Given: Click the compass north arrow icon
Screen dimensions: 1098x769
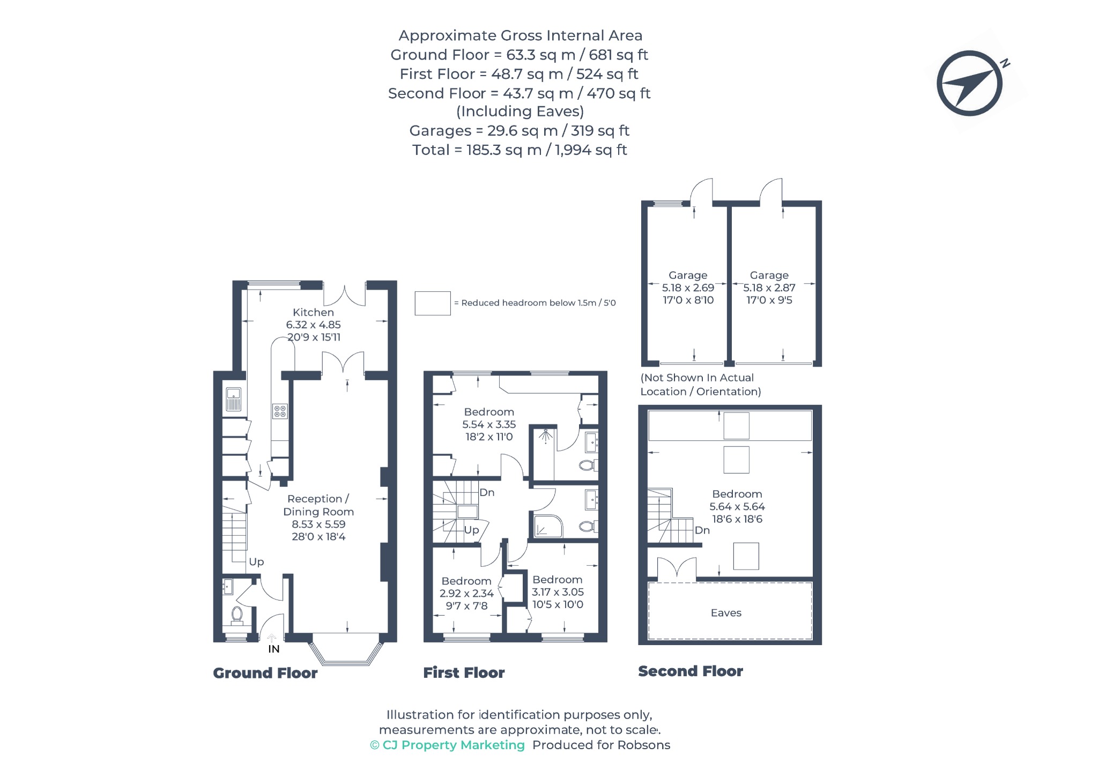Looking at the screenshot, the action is [969, 84].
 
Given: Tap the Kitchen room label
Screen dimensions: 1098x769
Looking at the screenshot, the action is [313, 312].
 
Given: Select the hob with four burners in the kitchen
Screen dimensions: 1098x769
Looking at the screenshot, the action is [280, 411].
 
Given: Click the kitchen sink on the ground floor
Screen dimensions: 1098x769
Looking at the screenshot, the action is [233, 400].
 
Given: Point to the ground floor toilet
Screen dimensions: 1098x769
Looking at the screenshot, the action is [237, 616].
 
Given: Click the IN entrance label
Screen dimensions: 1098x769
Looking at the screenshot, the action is [274, 649].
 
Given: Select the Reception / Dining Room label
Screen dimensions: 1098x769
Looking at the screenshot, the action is [318, 505].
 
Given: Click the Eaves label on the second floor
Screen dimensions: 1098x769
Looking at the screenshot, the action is [726, 613].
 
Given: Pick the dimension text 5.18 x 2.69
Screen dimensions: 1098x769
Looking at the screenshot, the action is [688, 287].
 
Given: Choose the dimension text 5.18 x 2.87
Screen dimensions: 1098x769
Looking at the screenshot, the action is [769, 287].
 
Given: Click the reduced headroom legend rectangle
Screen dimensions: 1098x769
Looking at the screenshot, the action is [433, 303].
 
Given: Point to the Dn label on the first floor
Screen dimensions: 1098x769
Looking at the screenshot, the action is [487, 492].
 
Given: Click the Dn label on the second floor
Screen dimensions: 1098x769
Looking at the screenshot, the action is [702, 530].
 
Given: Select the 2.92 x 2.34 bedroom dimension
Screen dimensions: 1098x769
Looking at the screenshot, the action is [466, 594].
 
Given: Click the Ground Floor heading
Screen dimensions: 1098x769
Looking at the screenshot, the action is [265, 673].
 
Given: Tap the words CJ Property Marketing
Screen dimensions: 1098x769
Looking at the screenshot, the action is [454, 745].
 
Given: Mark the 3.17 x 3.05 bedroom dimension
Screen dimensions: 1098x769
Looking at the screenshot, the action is [558, 592].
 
